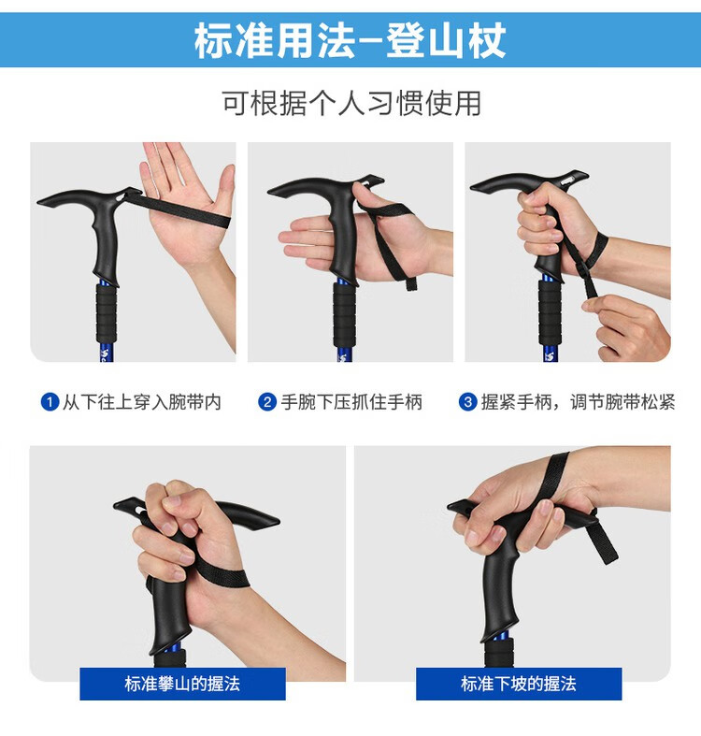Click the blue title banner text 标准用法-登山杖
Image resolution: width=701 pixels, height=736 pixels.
click(350, 40)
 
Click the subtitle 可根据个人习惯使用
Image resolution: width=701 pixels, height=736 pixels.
click(351, 103)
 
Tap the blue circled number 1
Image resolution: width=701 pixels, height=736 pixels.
click(50, 402)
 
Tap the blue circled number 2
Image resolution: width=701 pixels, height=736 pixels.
click(267, 402)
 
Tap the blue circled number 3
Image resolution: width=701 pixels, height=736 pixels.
click(468, 402)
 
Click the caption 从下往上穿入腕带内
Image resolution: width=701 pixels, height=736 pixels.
click(142, 402)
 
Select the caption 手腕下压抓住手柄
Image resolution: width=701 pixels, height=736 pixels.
click(351, 402)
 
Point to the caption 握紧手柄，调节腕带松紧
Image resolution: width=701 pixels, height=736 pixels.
click(578, 402)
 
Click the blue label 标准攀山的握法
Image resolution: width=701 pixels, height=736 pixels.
click(182, 684)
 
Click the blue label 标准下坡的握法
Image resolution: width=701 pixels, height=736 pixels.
click(519, 684)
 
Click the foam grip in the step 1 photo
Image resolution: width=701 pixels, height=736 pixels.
click(107, 312)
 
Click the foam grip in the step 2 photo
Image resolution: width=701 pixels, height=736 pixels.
click(344, 313)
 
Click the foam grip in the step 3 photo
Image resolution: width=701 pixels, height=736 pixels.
click(550, 312)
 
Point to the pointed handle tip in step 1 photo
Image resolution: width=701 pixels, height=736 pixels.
click(39, 202)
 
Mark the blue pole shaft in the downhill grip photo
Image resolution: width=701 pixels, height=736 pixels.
click(500, 637)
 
